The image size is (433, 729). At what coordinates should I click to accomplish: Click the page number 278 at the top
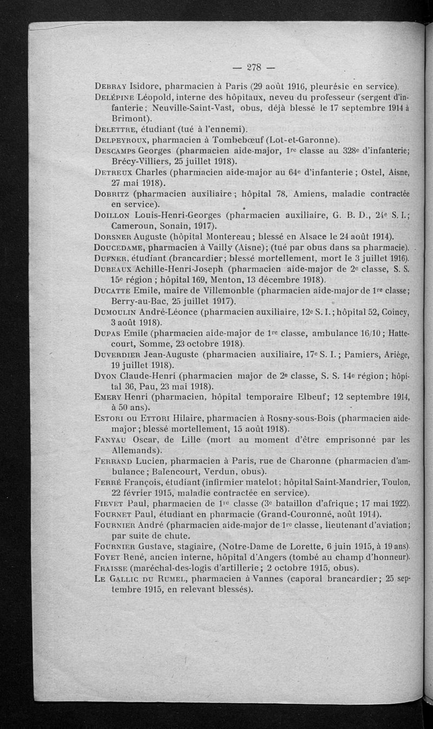[254, 68]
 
